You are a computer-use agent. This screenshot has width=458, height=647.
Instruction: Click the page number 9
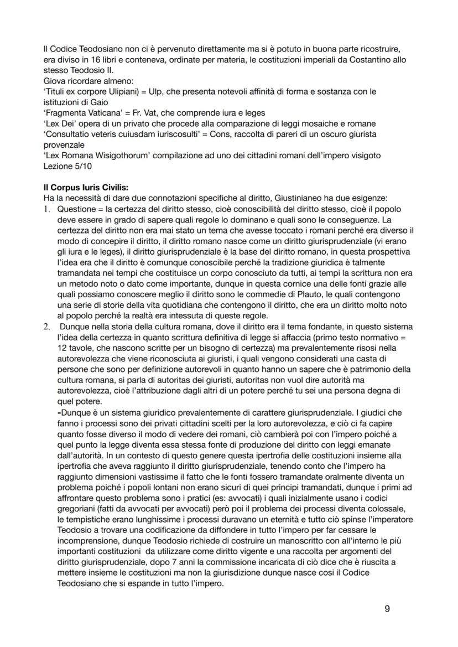click(x=387, y=609)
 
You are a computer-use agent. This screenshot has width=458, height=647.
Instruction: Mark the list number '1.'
click(x=48, y=210)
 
